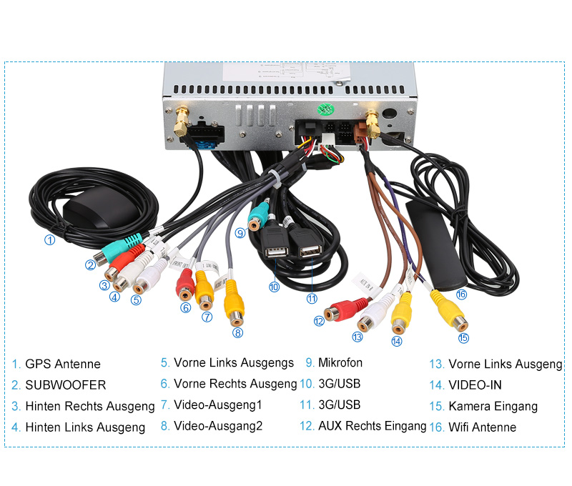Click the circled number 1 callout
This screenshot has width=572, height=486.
coord(49,240)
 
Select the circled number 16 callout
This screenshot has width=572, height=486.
coord(461,294)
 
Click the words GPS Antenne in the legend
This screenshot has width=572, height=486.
coord(63,364)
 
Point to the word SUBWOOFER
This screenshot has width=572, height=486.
coord(66,385)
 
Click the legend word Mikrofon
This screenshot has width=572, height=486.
coord(340,363)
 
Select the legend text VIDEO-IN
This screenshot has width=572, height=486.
coord(475,385)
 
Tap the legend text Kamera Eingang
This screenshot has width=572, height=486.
coord(493,406)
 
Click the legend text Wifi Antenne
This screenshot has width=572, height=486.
coord(483,427)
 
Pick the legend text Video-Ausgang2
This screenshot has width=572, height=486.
coord(218,426)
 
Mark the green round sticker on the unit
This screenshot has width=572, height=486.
coord(326,109)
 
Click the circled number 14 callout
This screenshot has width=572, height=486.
coord(397,341)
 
